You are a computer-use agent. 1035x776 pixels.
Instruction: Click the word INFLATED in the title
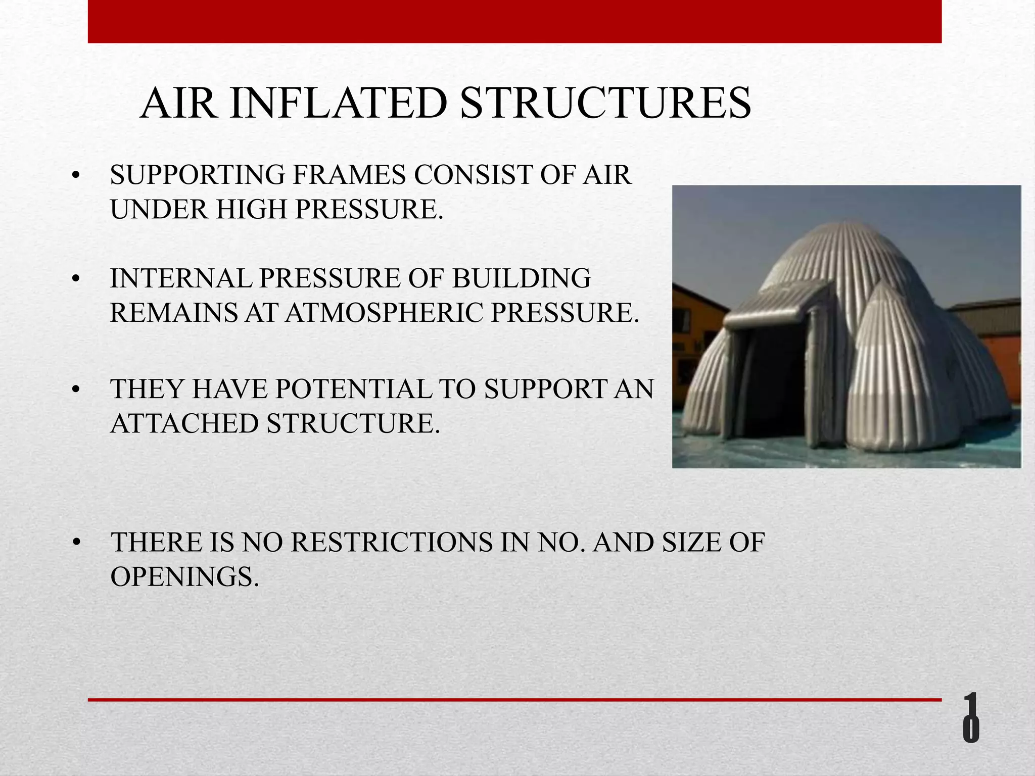[x=338, y=104]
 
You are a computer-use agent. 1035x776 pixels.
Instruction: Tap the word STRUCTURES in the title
[x=605, y=104]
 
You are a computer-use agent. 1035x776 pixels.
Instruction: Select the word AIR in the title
[x=178, y=104]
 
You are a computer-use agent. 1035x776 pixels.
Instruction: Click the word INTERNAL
[x=180, y=278]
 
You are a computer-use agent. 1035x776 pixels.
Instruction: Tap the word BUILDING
[x=521, y=278]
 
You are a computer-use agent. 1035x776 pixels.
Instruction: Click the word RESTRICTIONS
[x=392, y=542]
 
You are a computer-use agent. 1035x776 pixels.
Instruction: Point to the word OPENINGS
[x=184, y=576]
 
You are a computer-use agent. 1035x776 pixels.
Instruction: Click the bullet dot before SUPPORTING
[x=76, y=176]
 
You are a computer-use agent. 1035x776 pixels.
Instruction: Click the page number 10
[x=970, y=725]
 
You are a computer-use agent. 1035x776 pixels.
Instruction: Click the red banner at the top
[x=514, y=21]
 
